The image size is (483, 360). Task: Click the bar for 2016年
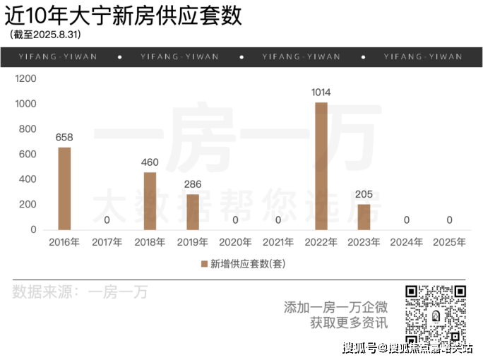coord(64,188)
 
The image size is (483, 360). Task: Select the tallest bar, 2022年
coord(321,166)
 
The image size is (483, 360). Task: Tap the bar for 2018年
coord(150,201)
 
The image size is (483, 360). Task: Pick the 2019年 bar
coord(193,212)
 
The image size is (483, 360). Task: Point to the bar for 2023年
coord(364,217)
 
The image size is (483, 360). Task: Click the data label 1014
coord(321,92)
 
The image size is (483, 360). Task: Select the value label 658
coord(64,137)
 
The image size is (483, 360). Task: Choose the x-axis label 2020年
coord(235,242)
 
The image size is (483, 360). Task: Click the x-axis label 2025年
coord(449,242)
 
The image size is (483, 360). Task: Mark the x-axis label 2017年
coord(107,242)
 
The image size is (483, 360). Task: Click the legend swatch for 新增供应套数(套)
coord(205,264)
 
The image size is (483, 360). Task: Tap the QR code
coord(436,314)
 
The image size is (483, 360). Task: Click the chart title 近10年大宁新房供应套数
coord(123,15)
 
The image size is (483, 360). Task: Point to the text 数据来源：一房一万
coord(80,292)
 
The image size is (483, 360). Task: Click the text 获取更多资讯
coord(349,323)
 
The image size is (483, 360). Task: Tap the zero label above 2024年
coord(406,220)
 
